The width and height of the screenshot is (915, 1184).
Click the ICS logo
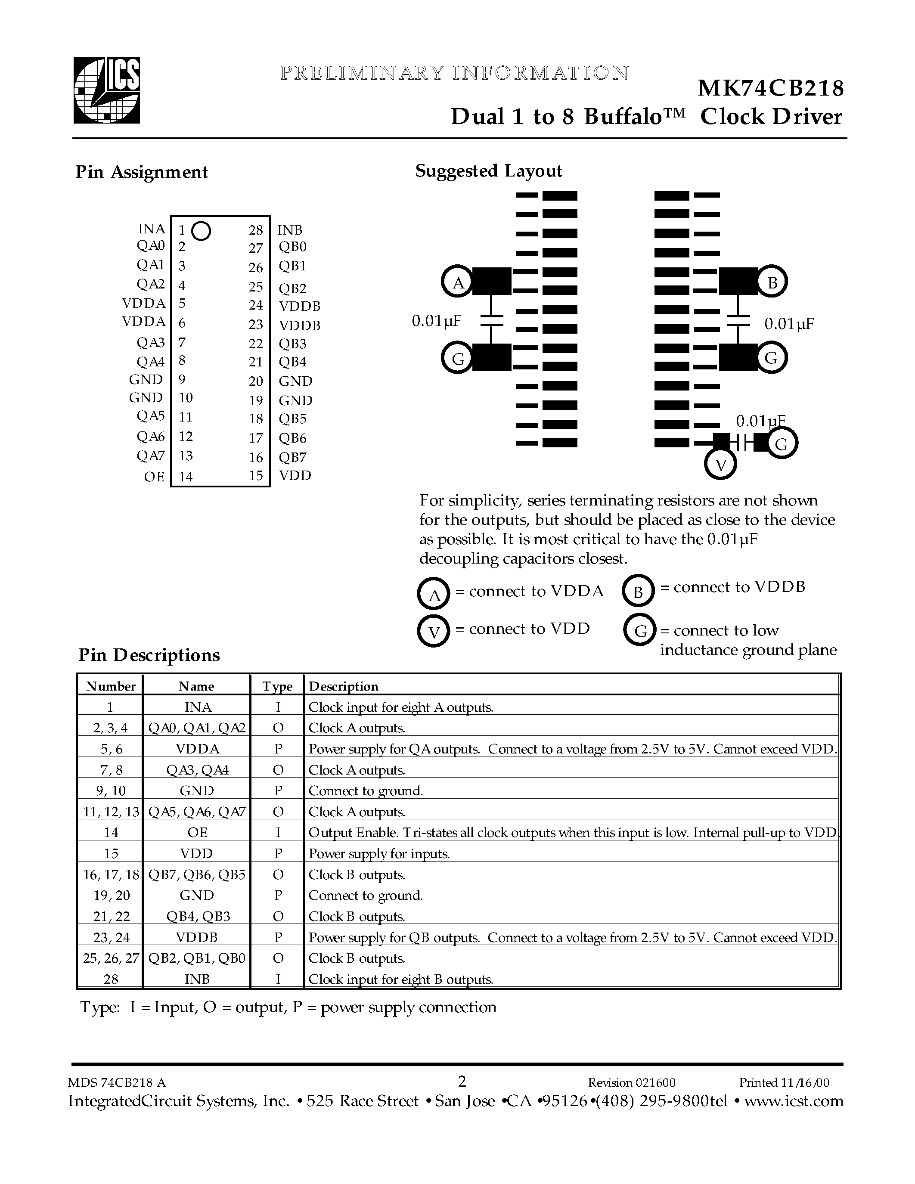pos(107,90)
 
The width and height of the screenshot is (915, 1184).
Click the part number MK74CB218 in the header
pos(770,88)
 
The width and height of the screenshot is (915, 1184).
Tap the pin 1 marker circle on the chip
pos(201,231)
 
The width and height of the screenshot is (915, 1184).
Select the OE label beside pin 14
pos(154,477)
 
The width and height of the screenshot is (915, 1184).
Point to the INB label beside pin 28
pos(289,230)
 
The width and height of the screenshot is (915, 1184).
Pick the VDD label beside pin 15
pos(295,475)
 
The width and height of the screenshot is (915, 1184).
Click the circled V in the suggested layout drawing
pos(720,465)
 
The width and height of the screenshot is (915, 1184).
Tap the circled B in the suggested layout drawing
pos(772,282)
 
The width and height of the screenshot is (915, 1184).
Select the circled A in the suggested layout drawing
pos(458,282)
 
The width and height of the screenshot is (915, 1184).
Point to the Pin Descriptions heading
pos(149,655)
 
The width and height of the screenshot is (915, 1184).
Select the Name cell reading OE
pos(196,832)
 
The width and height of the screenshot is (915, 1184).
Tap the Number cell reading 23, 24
pos(111,937)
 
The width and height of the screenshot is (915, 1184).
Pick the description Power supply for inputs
pos(379,854)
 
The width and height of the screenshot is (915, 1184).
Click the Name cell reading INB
pos(196,979)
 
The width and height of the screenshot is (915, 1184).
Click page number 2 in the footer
pos(462,1082)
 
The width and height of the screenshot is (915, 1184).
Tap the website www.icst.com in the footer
pos(794,1101)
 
